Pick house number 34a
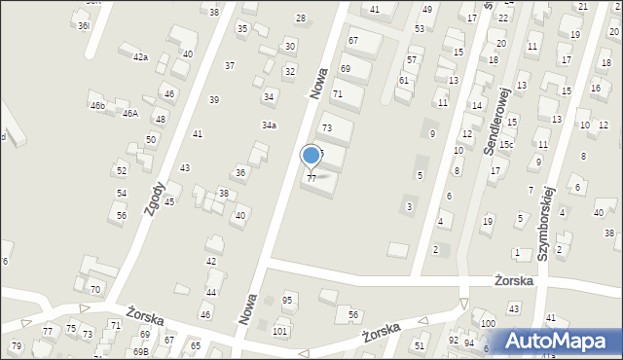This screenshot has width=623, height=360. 269,126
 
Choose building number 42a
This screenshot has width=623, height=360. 141,58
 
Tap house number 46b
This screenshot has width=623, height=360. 96,105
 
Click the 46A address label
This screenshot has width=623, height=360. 129,114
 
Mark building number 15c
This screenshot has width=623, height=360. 507,144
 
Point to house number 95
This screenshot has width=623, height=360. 287,300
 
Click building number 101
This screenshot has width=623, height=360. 280,332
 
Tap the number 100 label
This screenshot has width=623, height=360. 487,323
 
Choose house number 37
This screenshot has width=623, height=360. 230,66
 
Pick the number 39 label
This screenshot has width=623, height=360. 214,100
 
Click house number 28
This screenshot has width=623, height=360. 301,18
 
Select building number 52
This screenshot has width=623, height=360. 121,171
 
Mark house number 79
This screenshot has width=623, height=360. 16,346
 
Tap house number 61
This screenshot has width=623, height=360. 403,81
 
